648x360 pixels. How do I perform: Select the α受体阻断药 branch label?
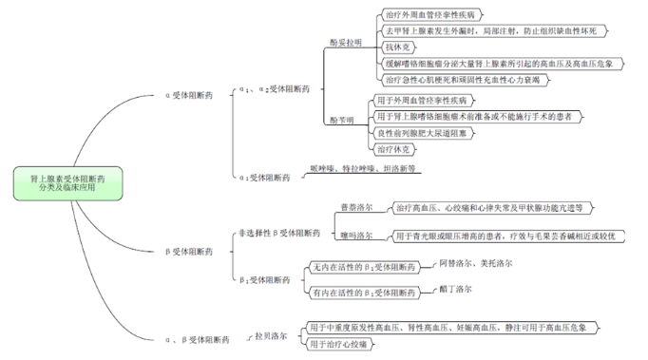click(x=189, y=95)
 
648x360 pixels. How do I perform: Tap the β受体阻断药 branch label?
click(x=189, y=252)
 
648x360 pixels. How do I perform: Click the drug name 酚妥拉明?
click(x=345, y=43)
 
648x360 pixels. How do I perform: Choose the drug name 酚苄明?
click(x=342, y=121)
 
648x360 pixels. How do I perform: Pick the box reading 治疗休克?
click(x=394, y=149)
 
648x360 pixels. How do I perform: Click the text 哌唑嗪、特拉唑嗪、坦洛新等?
click(x=363, y=169)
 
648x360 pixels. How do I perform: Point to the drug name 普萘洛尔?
click(x=356, y=207)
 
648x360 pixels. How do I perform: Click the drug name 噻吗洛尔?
click(x=356, y=236)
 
